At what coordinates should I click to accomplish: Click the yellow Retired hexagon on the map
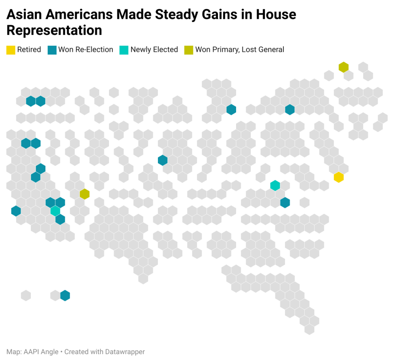(339, 177)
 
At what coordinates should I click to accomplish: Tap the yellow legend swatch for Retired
(11, 50)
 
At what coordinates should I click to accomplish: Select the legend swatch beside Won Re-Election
(52, 50)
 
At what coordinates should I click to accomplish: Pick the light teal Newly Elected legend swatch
(124, 50)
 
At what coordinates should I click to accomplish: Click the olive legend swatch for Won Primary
(189, 50)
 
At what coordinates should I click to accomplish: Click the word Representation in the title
(54, 30)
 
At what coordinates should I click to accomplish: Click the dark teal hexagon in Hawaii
(65, 296)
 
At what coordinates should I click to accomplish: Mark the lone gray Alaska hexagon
(26, 296)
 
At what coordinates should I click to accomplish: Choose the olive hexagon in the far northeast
(344, 67)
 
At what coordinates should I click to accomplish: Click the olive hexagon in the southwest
(85, 194)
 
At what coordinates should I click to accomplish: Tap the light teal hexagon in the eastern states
(275, 185)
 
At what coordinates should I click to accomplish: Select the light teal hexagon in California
(55, 211)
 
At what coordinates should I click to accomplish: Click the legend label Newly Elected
(154, 50)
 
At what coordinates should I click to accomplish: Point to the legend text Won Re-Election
(86, 50)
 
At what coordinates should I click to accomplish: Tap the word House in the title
(276, 15)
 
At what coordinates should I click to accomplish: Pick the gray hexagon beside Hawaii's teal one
(55, 296)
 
